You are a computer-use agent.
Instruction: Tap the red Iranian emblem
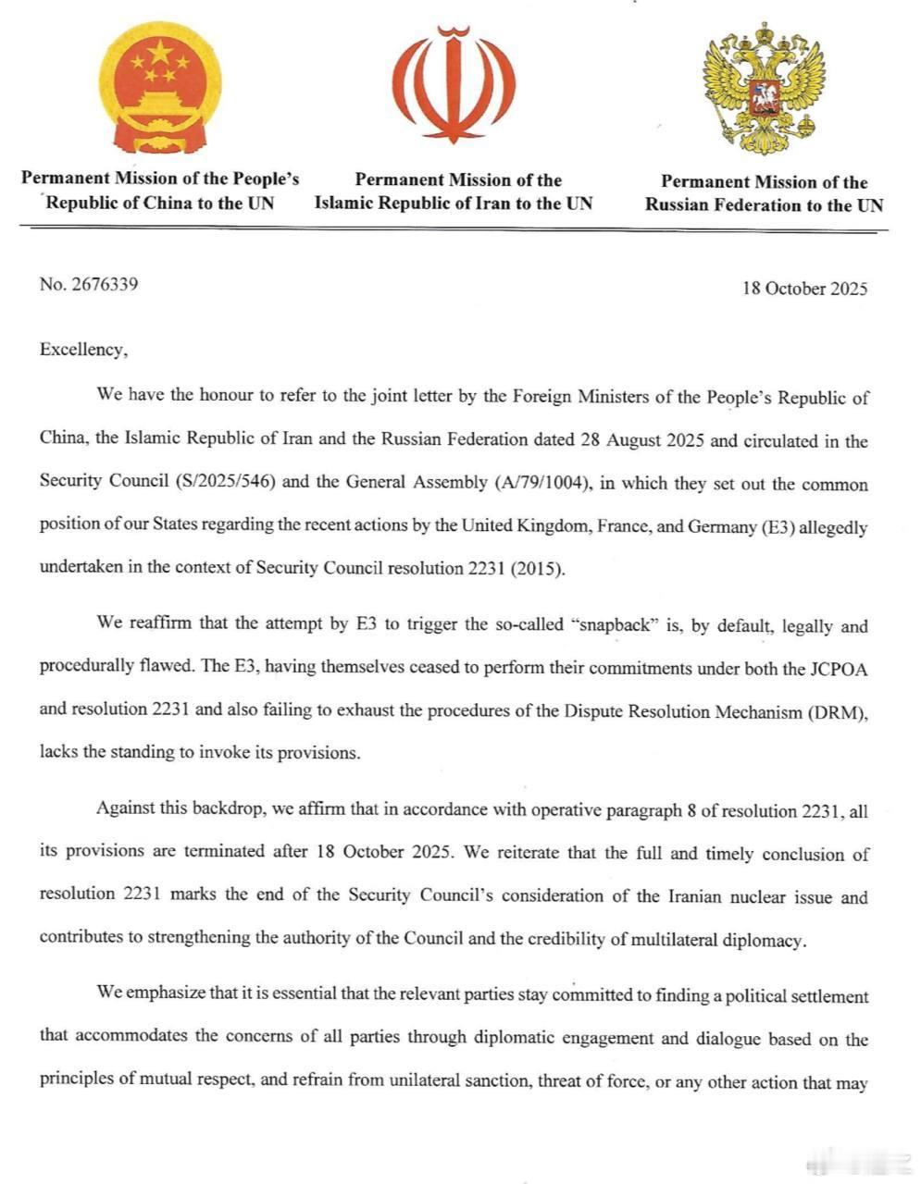pos(454,85)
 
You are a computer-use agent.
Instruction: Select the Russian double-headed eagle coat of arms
pos(764,90)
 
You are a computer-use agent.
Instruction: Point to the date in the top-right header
pos(804,288)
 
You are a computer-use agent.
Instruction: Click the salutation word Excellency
pos(81,350)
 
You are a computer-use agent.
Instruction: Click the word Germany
pos(693,526)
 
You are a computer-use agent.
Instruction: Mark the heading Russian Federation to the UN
pos(765,205)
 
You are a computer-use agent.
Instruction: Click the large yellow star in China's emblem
pos(159,52)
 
